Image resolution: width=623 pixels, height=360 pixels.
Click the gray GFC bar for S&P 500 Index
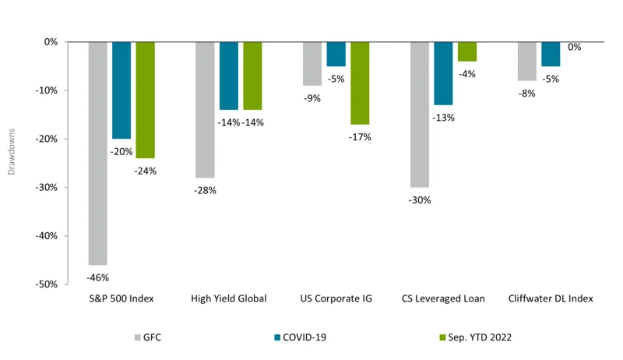pos(97,153)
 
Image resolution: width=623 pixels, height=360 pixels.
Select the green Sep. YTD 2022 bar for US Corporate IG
pos(360,83)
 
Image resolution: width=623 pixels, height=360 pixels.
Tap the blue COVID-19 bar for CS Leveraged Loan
pos(443,73)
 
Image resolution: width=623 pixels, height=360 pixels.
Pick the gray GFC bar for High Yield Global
pos(205,110)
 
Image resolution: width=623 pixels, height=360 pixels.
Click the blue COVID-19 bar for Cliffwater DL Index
pos(551,54)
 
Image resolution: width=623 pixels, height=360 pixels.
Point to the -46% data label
pos(97,277)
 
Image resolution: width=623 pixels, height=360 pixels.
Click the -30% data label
pos(419,199)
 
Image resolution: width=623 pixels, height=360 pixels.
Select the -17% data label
pos(361,137)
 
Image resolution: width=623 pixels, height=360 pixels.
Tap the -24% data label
pos(146,171)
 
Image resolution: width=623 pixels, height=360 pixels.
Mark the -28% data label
pos(204,190)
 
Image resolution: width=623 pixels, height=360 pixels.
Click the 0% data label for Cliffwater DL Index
pos(575,48)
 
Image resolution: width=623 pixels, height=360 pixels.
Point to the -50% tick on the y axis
pos(46,284)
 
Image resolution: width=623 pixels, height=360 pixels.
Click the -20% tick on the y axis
pos(46,139)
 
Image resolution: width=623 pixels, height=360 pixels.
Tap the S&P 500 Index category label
pos(121,299)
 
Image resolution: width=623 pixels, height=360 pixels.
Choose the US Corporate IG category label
pos(336,299)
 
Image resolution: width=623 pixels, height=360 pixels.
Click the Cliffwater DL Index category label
pos(551,299)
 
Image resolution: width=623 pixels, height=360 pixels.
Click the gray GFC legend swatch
pos(139,338)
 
